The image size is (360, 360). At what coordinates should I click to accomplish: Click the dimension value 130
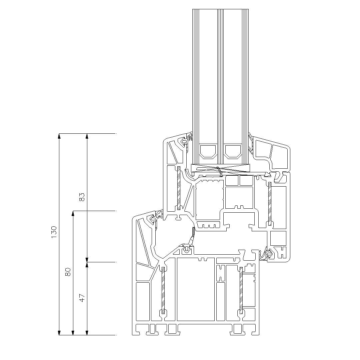54,232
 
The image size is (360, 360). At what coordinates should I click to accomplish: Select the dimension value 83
82,197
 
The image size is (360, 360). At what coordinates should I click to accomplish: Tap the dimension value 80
68,272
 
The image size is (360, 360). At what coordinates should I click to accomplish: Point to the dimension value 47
82,298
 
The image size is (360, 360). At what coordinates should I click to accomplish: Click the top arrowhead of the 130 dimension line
59,136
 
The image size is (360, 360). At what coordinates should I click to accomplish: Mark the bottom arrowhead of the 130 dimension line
59,333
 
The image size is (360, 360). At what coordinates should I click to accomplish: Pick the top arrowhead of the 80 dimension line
73,214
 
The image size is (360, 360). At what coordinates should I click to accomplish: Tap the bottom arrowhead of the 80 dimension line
73,333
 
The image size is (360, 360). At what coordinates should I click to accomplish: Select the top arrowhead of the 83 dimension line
87,136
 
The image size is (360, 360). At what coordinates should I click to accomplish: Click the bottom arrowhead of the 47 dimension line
87,333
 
